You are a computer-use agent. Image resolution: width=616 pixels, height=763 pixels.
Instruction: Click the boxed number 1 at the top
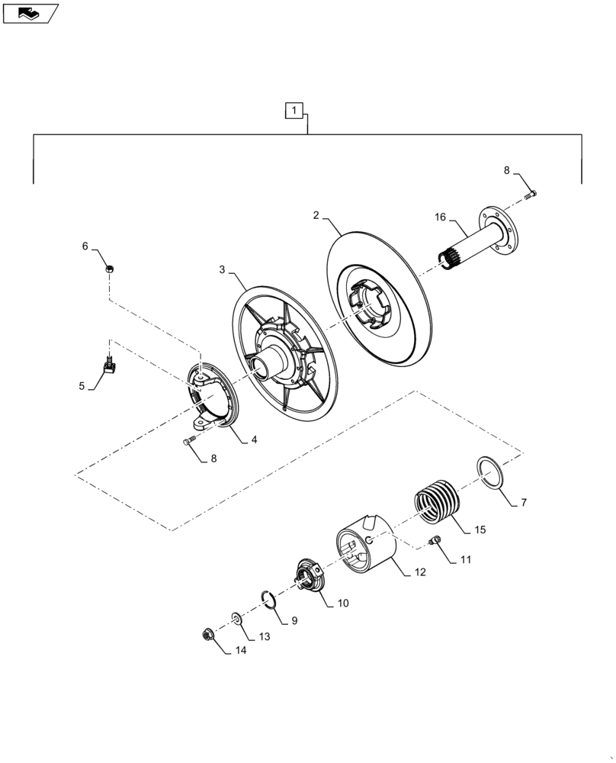click(293, 111)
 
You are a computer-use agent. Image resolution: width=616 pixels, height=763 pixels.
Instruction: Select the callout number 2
click(316, 216)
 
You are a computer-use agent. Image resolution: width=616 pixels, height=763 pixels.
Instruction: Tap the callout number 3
click(222, 269)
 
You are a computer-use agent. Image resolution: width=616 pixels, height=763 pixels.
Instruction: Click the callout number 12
click(420, 571)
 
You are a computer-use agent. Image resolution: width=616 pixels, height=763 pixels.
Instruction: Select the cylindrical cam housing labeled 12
click(366, 543)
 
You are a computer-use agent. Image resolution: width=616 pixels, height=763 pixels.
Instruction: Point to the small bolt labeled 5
click(109, 368)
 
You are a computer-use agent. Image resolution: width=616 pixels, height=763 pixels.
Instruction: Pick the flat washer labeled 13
click(236, 617)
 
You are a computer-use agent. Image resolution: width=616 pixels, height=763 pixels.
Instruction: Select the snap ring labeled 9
click(267, 600)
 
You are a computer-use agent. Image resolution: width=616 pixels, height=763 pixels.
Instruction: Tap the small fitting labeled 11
click(437, 541)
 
